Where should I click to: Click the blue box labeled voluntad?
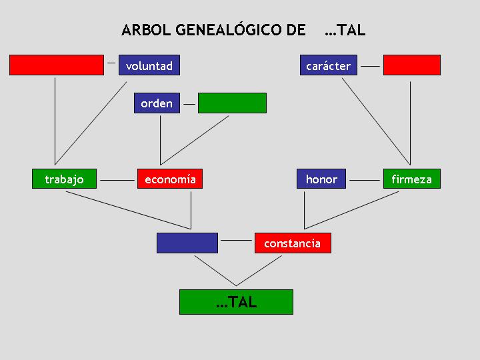[149, 65]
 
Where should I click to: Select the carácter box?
[329, 65]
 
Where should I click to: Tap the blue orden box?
[157, 103]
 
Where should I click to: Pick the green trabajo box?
[64, 179]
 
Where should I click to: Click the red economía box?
[170, 179]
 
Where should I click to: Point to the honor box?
[321, 179]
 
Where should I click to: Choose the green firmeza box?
[412, 179]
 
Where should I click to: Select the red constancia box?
[293, 243]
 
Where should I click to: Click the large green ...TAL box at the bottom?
[236, 302]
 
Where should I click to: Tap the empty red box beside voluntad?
[57, 65]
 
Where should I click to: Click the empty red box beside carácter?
[412, 65]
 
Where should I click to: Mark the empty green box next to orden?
[232, 103]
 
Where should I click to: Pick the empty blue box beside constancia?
[187, 243]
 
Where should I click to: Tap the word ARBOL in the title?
[146, 30]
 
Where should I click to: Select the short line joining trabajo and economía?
[117, 180]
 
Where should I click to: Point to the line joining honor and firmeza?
[365, 180]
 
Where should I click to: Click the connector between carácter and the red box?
[370, 66]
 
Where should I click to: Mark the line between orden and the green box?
[189, 105]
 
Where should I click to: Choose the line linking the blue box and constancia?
[236, 240]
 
